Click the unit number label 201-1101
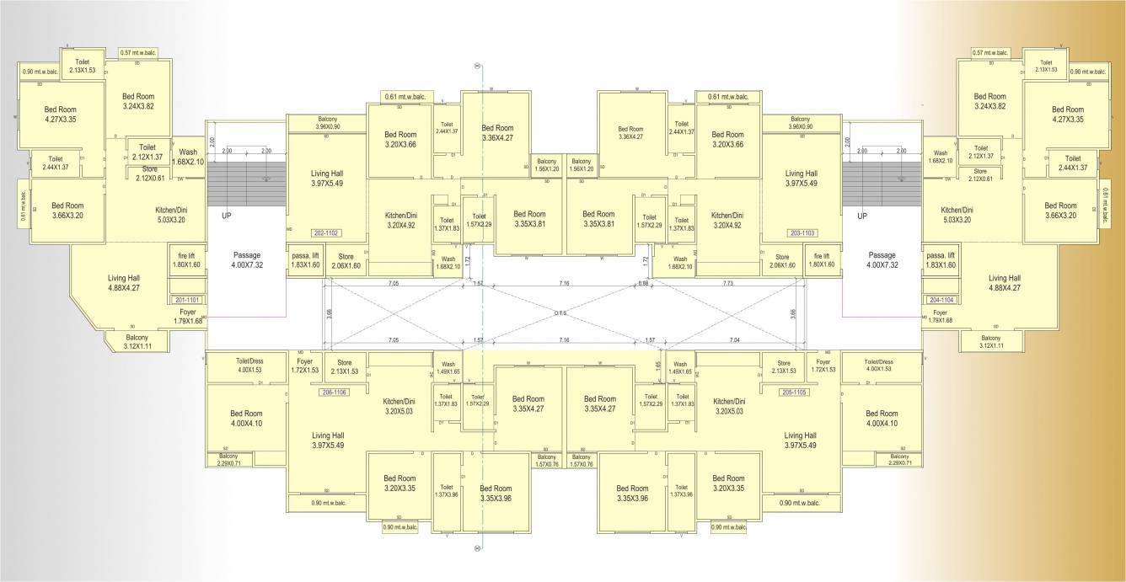(188, 299)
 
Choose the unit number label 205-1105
(794, 392)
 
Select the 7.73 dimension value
(728, 284)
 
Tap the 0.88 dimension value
(643, 284)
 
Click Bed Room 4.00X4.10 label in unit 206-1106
(247, 419)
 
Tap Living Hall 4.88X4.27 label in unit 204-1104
(1004, 282)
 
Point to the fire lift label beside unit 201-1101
(186, 259)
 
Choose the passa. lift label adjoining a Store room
(305, 259)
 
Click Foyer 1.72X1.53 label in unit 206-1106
(304, 366)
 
